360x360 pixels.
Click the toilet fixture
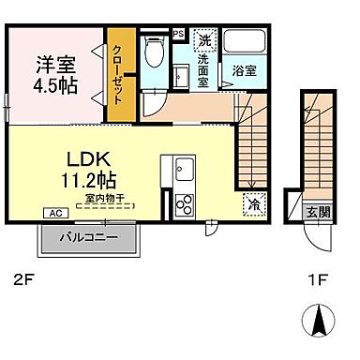(156, 53)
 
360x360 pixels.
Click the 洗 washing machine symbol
(205, 40)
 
